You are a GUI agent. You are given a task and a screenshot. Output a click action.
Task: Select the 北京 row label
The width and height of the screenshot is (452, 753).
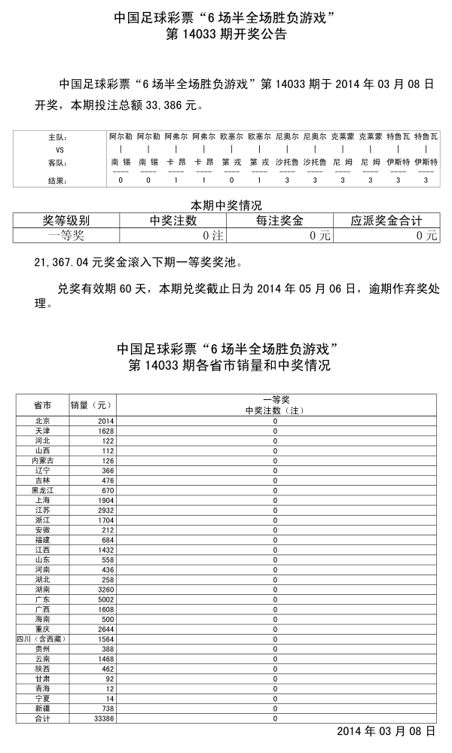[42, 421]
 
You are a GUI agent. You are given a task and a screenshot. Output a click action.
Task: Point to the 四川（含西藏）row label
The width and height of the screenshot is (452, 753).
[41, 639]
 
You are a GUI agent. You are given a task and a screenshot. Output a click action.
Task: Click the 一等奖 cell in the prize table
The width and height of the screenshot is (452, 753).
[66, 235]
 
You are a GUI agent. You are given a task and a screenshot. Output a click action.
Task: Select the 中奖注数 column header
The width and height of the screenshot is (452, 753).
[173, 221]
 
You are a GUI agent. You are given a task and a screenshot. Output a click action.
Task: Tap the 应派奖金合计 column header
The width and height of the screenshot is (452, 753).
[386, 221]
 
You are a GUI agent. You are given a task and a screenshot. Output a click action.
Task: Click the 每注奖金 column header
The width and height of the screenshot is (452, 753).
[279, 221]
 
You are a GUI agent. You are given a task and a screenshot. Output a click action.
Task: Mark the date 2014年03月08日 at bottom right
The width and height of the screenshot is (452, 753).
[386, 731]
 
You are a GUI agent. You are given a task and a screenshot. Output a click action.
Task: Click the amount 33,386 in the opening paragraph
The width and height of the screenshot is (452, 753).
[178, 106]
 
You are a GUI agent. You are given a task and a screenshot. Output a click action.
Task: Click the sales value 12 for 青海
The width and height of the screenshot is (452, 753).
[108, 688]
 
